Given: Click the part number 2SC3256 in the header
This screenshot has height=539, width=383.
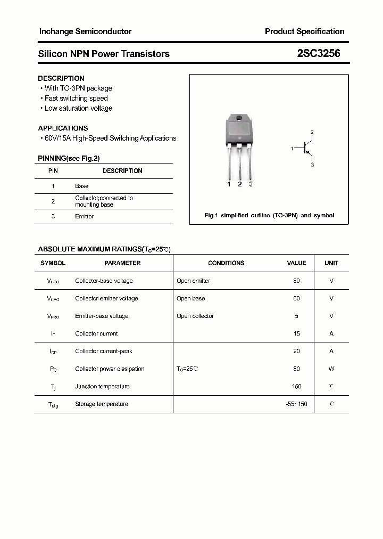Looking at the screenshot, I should point(319,54).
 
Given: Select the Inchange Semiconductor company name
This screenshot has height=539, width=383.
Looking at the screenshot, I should point(85,31).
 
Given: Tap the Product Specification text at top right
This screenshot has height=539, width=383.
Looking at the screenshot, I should point(304,31).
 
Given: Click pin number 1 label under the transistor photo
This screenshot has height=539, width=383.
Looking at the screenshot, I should point(229,184).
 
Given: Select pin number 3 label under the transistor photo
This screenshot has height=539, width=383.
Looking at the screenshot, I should point(251,184).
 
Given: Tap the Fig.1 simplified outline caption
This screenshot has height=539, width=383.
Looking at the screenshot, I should point(269,216).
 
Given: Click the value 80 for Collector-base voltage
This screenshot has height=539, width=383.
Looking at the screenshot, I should point(296,281).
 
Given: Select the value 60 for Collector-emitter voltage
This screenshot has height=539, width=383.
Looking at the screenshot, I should point(296,298).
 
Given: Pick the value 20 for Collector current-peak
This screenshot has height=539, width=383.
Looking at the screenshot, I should point(296,351).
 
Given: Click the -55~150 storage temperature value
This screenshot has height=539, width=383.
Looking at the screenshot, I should point(296,404).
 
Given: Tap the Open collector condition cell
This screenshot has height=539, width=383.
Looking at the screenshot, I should point(195,316).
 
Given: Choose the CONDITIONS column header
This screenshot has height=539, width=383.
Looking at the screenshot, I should point(226,263).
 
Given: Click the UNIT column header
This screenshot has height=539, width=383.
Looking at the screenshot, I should point(331,263).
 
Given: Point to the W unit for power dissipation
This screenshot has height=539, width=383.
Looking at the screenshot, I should point(331,369).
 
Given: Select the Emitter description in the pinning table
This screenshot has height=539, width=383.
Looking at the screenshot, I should point(84,216).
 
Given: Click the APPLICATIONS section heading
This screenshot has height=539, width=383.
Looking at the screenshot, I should point(63,128).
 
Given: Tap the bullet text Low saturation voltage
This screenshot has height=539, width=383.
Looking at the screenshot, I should point(78,108).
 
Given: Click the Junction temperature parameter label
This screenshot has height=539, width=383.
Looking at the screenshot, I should point(102,386).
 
